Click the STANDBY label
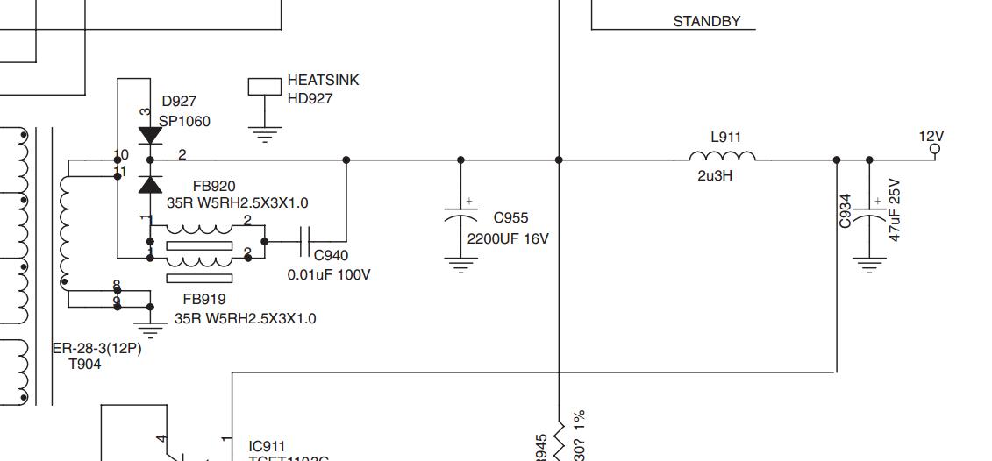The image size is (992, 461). point(706,21)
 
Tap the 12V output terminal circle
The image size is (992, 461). point(934,150)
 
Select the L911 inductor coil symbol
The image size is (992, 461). point(722,158)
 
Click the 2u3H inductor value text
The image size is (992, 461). point(715,176)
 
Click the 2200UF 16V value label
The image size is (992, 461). point(508,238)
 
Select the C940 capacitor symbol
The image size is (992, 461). point(304,240)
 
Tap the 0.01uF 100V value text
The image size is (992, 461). point(329,274)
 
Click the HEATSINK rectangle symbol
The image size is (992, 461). point(264,86)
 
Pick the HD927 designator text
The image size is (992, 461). point(310,98)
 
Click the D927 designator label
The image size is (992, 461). point(179,102)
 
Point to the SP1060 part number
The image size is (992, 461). point(184,121)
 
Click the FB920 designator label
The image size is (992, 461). point(214,186)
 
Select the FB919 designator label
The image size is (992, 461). point(204,299)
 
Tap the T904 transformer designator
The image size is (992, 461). point(84,364)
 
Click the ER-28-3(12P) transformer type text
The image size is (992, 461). point(96,348)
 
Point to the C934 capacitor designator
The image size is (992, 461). point(846,211)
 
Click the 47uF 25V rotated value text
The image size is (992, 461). point(895,210)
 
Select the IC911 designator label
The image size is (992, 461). point(267,446)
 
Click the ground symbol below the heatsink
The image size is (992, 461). point(264,135)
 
